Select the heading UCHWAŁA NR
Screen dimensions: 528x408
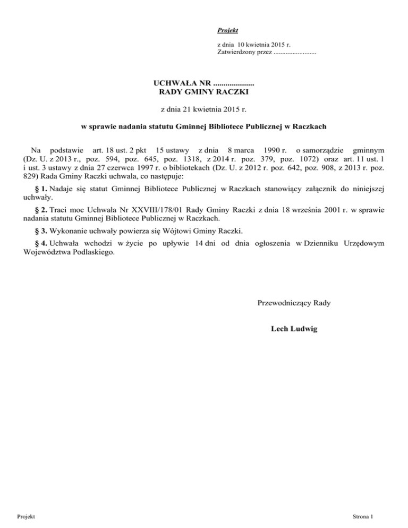pos(182,83)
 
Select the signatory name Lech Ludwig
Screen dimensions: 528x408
pos(294,329)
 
